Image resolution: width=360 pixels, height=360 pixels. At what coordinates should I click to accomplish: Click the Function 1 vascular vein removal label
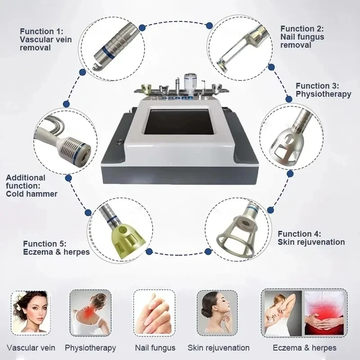click(45, 39)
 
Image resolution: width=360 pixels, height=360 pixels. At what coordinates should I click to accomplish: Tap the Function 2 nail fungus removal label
click(302, 37)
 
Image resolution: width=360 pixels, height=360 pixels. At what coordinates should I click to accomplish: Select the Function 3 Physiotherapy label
click(323, 90)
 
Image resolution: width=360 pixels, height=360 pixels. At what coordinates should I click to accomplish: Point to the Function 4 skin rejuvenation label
click(311, 238)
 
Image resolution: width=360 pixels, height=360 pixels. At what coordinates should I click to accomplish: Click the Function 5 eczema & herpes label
click(56, 247)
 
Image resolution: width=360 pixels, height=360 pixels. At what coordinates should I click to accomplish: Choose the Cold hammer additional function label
click(31, 186)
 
